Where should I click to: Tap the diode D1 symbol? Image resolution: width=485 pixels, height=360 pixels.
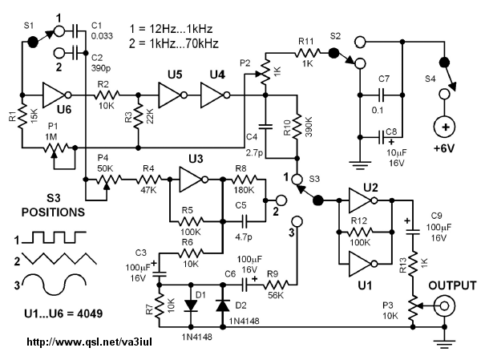(191, 305)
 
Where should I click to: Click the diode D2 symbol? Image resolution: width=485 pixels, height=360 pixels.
(223, 305)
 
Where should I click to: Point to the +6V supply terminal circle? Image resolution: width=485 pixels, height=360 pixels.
(445, 127)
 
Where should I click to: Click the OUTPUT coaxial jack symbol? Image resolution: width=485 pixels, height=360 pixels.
(444, 305)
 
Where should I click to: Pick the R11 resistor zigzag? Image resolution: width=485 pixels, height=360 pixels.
(307, 53)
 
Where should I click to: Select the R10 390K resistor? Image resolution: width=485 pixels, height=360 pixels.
(297, 126)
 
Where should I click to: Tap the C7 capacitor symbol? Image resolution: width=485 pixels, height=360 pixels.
(381, 95)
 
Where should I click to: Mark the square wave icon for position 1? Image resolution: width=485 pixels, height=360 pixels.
(55, 237)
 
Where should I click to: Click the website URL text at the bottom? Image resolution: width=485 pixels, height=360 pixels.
(90, 342)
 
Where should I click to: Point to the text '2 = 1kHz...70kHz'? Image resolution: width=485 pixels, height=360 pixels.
(174, 43)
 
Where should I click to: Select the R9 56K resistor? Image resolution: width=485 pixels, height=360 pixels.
(276, 285)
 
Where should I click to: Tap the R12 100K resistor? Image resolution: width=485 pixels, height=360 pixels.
(360, 232)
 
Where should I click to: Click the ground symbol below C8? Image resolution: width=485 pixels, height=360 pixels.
(359, 165)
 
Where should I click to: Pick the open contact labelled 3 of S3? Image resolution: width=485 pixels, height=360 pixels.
(297, 221)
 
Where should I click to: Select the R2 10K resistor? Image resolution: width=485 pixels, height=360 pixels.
(106, 95)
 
